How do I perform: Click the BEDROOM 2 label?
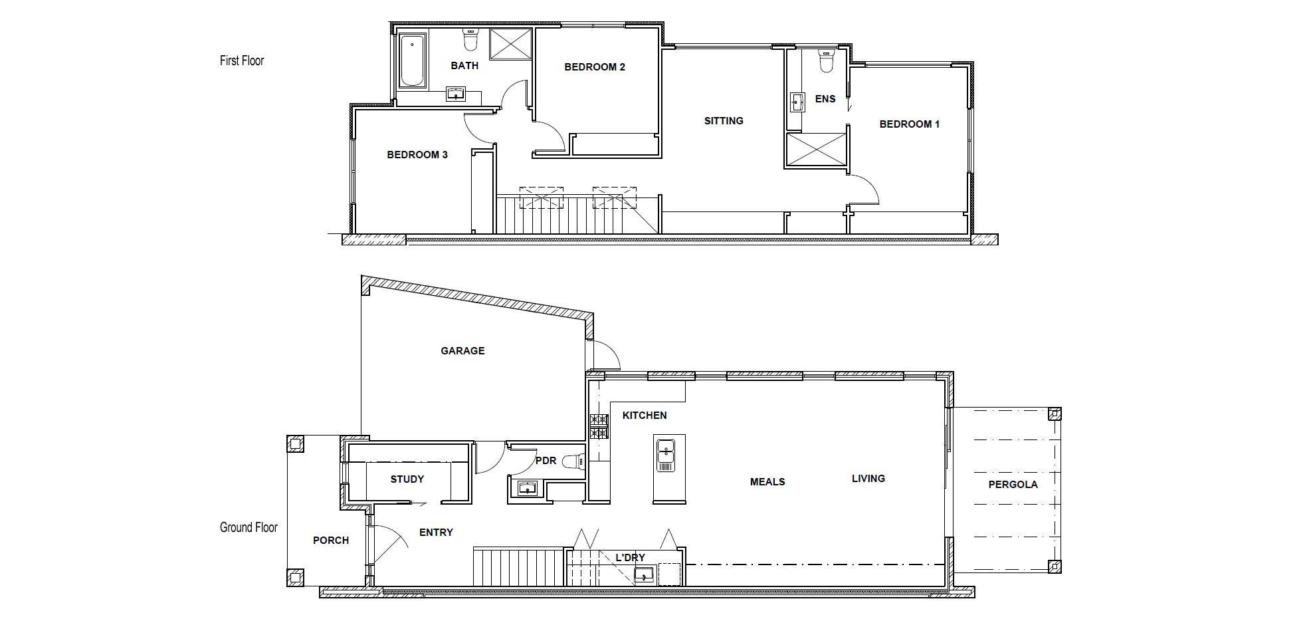(595, 67)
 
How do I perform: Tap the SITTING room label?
(724, 121)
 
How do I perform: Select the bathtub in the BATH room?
(413, 62)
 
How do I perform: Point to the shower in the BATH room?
(511, 45)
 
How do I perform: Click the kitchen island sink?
(665, 455)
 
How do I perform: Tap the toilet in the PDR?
(572, 461)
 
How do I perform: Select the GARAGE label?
(462, 351)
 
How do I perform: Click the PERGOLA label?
(1013, 485)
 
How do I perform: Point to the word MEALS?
(767, 482)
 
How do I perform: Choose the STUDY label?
(407, 479)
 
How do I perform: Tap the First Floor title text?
(242, 61)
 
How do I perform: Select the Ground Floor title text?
(249, 527)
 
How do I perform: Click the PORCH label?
(331, 541)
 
